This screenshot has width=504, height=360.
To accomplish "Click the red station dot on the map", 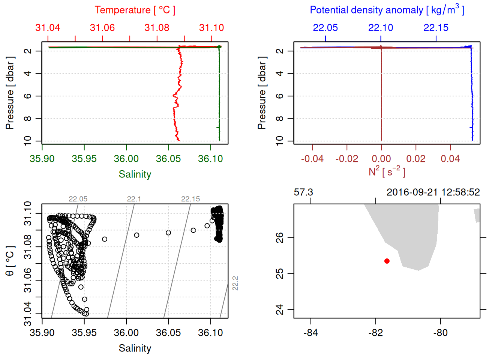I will pyautogui.click(x=387, y=261).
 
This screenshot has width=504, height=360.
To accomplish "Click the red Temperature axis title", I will pyautogui.click(x=135, y=10).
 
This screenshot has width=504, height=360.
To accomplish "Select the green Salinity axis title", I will pyautogui.click(x=135, y=174).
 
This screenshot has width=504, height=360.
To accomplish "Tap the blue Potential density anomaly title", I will pyautogui.click(x=387, y=10).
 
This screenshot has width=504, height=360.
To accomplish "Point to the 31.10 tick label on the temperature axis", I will pyautogui.click(x=211, y=28).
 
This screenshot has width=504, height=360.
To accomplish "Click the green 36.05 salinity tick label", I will pyautogui.click(x=168, y=159).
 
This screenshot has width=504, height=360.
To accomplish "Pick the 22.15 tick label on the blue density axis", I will pyautogui.click(x=436, y=28).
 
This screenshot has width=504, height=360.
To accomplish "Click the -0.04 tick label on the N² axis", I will pyautogui.click(x=312, y=159).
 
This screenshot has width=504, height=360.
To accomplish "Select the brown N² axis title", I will pyautogui.click(x=387, y=171).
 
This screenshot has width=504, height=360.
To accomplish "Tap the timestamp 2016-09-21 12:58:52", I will pyautogui.click(x=433, y=192).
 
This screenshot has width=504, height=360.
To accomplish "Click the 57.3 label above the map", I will pyautogui.click(x=303, y=192).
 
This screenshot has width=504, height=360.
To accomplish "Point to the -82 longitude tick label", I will pyautogui.click(x=375, y=333).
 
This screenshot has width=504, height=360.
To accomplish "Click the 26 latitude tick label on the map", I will pyautogui.click(x=280, y=238).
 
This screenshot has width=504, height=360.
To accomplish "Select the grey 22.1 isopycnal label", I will pyautogui.click(x=134, y=199).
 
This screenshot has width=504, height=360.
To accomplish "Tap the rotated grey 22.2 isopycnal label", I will pyautogui.click(x=235, y=283).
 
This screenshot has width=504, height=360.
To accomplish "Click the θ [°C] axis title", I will pyautogui.click(x=10, y=261).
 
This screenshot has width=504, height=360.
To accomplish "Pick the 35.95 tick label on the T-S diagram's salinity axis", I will pyautogui.click(x=84, y=333).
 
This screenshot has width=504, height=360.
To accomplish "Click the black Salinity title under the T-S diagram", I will pyautogui.click(x=135, y=348).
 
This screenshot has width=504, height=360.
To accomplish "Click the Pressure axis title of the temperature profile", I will pyautogui.click(x=10, y=93).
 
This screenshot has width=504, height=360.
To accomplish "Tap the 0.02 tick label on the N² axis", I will pyautogui.click(x=415, y=159).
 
